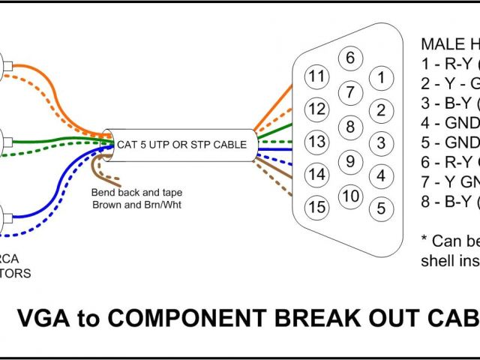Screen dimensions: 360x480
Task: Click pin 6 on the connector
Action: (350, 58)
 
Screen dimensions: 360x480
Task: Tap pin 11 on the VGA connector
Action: (318, 76)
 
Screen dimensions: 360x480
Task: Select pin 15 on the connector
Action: (318, 207)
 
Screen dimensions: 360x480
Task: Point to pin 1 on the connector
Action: (381, 76)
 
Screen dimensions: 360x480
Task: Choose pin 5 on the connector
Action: (381, 207)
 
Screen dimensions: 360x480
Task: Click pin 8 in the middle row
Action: (350, 125)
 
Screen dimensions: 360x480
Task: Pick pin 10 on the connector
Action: (350, 196)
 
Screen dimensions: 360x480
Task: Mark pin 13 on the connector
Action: (318, 142)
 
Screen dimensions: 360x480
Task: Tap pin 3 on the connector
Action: (381, 142)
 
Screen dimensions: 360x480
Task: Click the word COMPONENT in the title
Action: (181, 319)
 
